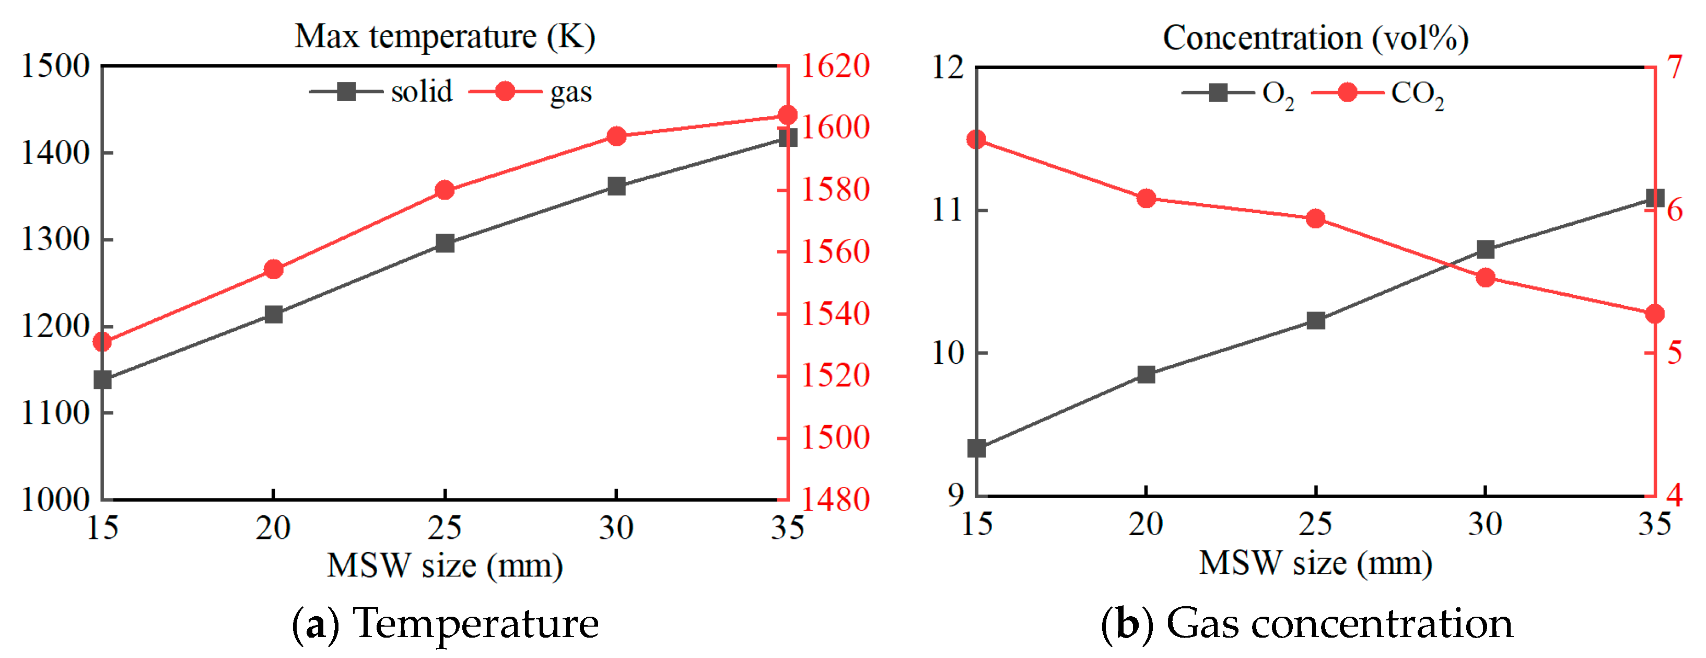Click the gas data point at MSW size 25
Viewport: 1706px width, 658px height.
[445, 191]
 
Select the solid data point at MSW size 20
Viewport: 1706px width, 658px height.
[274, 314]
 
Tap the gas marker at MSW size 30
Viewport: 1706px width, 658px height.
[616, 136]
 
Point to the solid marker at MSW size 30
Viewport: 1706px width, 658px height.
[616, 186]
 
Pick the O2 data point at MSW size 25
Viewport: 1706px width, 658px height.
[1316, 321]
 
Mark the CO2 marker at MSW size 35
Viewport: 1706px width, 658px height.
[1655, 314]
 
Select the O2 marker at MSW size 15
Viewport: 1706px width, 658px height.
[977, 448]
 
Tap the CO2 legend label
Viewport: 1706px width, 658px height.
[1417, 94]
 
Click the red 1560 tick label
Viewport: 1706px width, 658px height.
[836, 251]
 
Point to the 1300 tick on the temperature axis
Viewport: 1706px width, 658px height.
[55, 239]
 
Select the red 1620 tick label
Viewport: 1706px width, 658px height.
[836, 66]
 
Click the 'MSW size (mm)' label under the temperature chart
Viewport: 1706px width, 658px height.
[445, 565]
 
